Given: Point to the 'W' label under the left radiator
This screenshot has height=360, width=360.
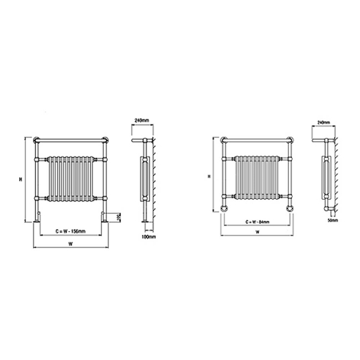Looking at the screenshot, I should pyautogui.click(x=70, y=244).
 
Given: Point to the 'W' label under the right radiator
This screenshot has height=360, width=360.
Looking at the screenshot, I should pyautogui.click(x=257, y=232).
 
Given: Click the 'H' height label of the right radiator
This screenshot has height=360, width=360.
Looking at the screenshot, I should pyautogui.click(x=209, y=176).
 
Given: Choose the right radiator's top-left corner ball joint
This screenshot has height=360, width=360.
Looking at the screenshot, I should pyautogui.click(x=222, y=140).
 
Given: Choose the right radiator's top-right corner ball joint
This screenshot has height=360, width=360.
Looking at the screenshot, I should pyautogui.click(x=293, y=140).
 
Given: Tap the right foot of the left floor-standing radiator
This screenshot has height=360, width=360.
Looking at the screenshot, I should pyautogui.click(x=107, y=219).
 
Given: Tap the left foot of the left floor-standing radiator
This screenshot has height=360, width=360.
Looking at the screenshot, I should pyautogui.click(x=37, y=219).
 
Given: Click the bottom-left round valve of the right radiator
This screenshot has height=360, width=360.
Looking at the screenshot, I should pyautogui.click(x=224, y=209).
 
